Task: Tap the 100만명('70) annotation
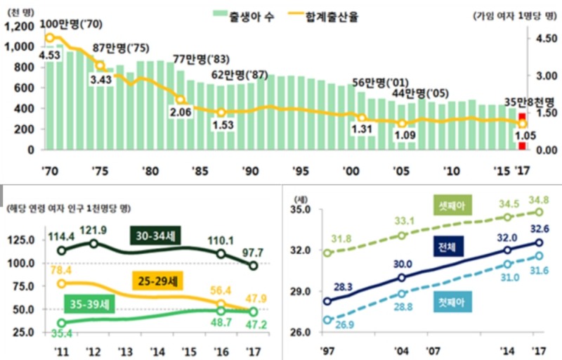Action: click(x=71, y=24)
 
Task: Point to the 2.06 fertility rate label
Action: click(x=181, y=112)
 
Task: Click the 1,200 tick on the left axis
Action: click(x=20, y=26)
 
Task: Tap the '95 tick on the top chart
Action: click(x=301, y=172)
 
